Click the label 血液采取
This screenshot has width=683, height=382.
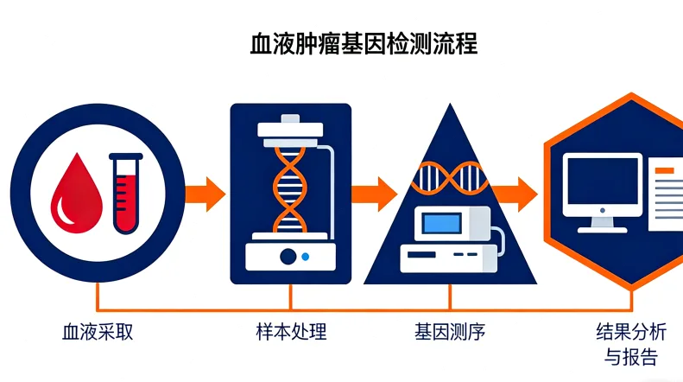point(98,332)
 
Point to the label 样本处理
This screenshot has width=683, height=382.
point(291,332)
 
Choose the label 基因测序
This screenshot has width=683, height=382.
point(449,332)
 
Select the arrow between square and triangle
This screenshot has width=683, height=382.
point(372,188)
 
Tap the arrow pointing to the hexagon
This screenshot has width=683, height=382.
point(517,188)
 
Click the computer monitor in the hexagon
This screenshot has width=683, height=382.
point(602,184)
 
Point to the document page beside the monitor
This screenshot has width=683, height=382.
point(666,194)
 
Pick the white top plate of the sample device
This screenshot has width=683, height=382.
point(290,130)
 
